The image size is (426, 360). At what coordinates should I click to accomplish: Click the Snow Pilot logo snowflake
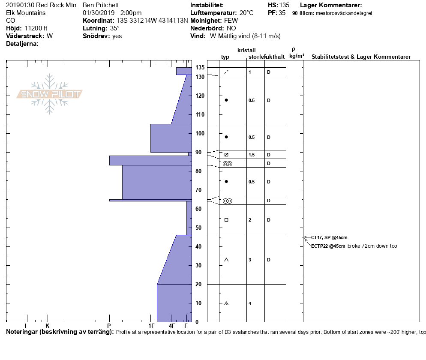[49, 94]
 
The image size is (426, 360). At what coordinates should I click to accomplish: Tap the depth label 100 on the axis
[200, 133]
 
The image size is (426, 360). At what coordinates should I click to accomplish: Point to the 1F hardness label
[151, 326]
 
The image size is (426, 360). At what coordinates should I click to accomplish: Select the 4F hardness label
[172, 326]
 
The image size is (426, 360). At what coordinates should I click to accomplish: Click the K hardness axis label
[47, 326]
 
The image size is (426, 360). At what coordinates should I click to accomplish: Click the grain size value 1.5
[252, 155]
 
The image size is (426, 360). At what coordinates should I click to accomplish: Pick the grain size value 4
[250, 303]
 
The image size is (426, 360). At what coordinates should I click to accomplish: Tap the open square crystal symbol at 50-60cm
[226, 220]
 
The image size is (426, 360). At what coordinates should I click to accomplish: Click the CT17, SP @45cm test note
[329, 237]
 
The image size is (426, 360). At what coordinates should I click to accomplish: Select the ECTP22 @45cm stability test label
[328, 246]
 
